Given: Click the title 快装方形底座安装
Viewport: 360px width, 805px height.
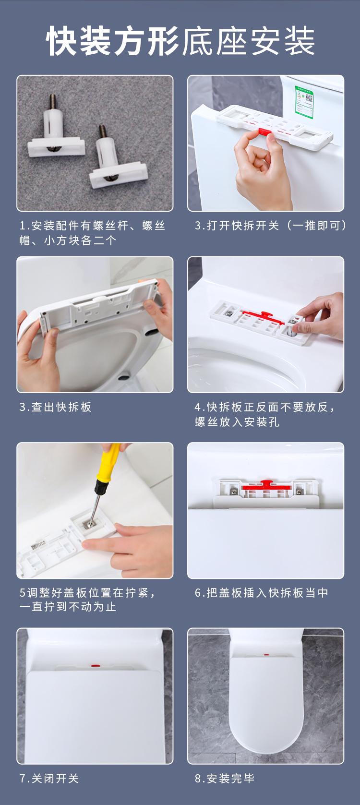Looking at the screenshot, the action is tap(180, 41).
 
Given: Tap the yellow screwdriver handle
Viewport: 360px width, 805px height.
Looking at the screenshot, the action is tap(108, 464).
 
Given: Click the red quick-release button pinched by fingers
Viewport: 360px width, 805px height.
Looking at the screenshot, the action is tap(264, 132).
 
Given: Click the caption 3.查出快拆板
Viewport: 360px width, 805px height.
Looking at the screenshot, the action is tap(55, 407).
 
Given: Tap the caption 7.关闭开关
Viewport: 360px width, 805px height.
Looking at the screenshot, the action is tap(49, 778).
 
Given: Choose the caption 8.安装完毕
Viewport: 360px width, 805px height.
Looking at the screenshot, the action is tap(225, 778).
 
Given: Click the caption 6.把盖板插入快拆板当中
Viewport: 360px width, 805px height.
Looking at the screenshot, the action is tap(262, 592).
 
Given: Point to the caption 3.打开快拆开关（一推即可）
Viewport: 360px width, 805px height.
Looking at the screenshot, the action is tap(271, 225).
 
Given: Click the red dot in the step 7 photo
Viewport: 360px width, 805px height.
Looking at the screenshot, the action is tap(96, 666).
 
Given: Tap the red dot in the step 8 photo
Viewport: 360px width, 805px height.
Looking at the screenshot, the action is tap(266, 655).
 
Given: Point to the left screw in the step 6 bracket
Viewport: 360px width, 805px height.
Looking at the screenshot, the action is tap(233, 491).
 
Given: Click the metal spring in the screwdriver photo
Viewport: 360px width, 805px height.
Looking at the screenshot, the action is tap(38, 545).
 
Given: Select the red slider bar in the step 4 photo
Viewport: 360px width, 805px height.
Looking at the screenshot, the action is tap(262, 317).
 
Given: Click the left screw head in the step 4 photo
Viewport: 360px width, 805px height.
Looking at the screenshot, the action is tap(229, 313).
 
